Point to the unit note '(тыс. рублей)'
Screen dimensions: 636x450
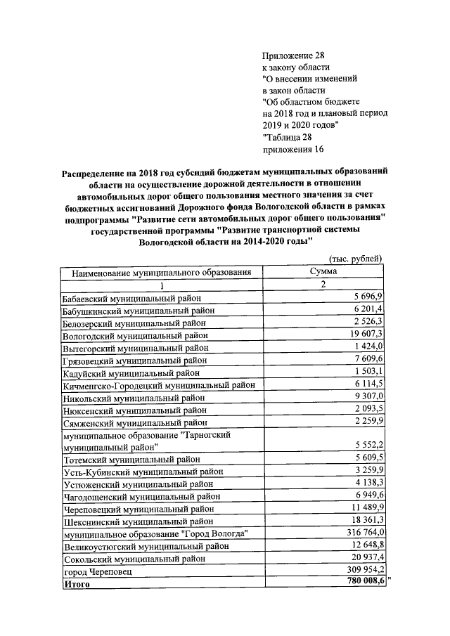click(x=356, y=259)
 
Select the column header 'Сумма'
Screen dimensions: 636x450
click(x=323, y=271)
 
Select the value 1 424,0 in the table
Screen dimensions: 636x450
click(x=367, y=347)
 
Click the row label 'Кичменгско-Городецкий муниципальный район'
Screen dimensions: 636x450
click(x=158, y=385)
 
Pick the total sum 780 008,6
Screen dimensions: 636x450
click(x=361, y=583)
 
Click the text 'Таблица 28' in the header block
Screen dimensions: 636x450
click(x=285, y=138)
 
